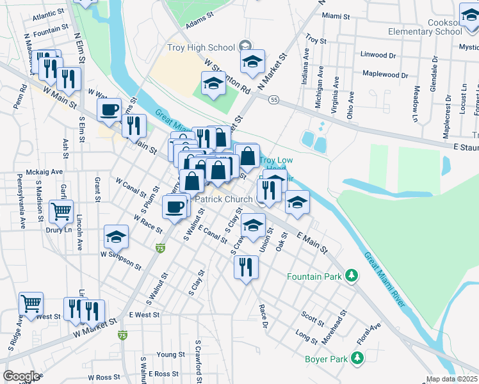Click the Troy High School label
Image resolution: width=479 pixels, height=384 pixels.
(200, 47)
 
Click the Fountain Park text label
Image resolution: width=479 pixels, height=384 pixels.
(314, 276)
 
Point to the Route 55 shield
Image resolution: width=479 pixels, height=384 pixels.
(273, 100)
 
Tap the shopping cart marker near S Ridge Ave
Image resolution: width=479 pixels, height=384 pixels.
(31, 304)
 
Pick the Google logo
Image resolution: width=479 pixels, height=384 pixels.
(21, 376)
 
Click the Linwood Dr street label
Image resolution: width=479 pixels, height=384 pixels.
(378, 54)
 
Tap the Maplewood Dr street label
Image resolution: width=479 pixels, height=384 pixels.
(386, 74)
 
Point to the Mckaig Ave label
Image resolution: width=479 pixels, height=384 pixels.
(44, 172)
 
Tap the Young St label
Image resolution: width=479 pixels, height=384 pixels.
(170, 355)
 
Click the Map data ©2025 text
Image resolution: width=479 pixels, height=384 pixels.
(451, 379)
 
